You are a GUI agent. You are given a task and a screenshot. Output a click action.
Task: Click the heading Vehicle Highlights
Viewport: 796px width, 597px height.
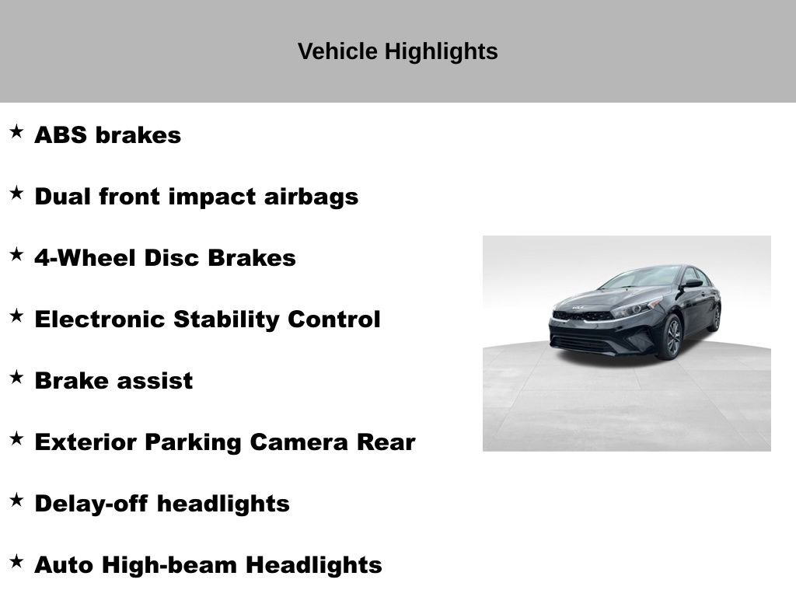(x=397, y=52)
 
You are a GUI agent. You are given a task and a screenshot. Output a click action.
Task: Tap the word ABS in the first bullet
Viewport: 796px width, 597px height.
(x=61, y=135)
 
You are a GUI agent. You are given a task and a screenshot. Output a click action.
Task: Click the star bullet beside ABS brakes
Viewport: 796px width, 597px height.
(x=16, y=131)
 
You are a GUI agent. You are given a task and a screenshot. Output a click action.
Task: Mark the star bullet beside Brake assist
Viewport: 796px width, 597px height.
(x=16, y=377)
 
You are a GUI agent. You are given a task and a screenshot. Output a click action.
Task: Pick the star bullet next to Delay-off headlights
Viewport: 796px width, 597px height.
(x=16, y=500)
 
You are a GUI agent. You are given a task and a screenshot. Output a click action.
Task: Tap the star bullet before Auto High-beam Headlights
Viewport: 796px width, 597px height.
(x=16, y=561)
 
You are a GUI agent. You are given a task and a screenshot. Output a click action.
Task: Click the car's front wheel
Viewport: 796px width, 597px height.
(x=671, y=337)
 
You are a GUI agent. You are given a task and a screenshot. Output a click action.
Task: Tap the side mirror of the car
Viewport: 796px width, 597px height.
(x=691, y=285)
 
